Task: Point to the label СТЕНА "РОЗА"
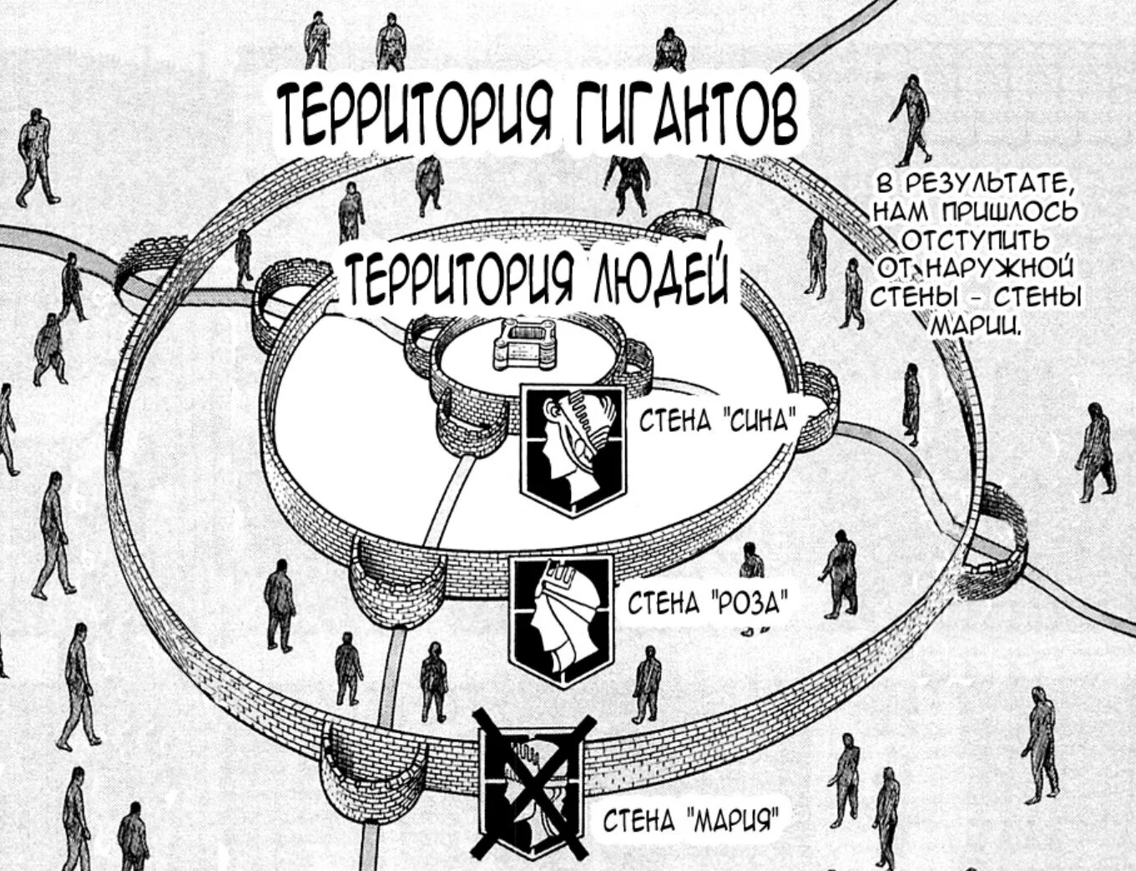705,602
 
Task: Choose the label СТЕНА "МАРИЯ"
692,821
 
